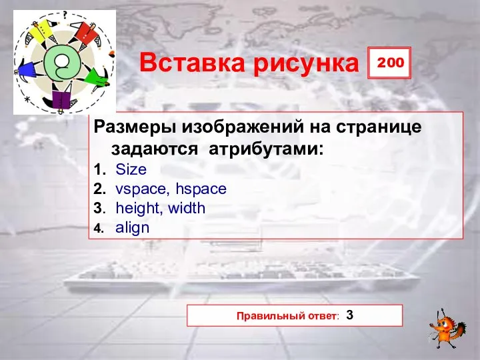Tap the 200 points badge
tap(389, 62)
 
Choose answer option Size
tap(131, 170)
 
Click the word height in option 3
tap(139, 208)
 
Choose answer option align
tap(133, 227)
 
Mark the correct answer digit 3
tap(350, 315)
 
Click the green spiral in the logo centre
tap(61, 64)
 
